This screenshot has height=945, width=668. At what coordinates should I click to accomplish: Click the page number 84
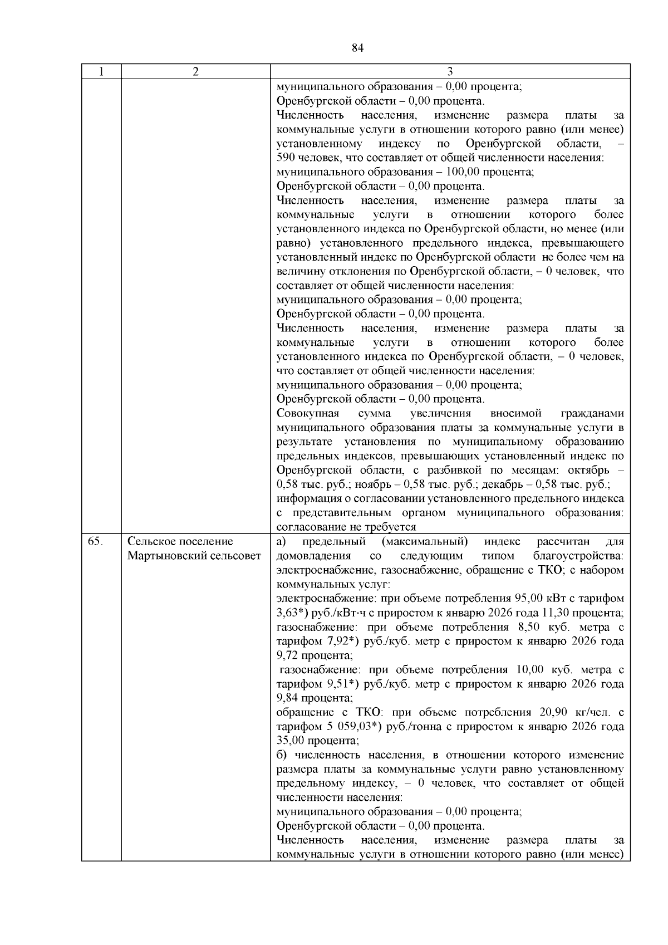pos(357,48)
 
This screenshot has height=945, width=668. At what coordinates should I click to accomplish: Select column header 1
pos(101,72)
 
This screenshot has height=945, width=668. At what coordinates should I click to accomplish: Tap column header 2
pos(195,72)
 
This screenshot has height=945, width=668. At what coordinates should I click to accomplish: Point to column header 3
pos(450,72)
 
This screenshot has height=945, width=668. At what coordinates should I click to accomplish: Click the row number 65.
pos(95,541)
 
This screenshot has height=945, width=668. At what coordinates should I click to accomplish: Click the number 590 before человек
pos(285,158)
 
